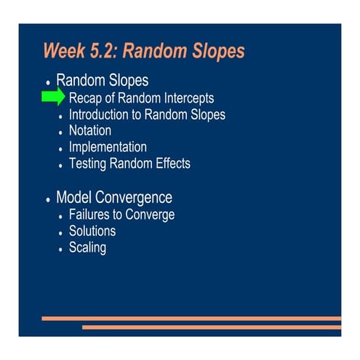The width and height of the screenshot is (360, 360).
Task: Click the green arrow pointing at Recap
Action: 53,97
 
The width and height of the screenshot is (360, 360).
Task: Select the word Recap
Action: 87,98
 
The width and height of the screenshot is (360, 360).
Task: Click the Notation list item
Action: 89,131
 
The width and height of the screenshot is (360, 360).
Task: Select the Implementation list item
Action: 108,147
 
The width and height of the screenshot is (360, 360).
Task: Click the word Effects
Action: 168,164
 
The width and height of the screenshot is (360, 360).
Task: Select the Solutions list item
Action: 92,231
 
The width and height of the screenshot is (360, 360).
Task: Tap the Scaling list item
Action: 87,248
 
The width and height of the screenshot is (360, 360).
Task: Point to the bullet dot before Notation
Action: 61,133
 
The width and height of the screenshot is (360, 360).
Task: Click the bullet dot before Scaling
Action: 61,250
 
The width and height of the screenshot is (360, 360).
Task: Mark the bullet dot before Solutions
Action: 61,233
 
